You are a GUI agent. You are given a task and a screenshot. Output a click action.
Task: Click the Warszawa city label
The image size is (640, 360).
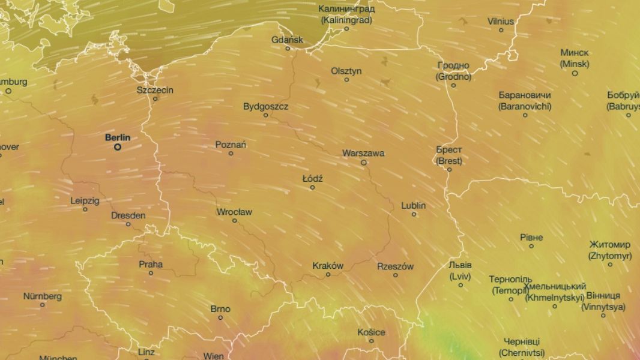pos(363,153)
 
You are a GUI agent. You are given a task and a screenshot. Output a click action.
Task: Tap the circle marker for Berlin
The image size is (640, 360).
pos(118,146)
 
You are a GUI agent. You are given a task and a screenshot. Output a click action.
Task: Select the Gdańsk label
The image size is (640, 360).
pos(288,40)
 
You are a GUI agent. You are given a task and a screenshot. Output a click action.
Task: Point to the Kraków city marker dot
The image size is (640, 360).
pos(328,275)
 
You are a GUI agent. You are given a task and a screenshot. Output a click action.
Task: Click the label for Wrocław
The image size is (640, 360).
pos(234,212)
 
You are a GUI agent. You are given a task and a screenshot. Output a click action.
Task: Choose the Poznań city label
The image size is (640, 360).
pos(231,145)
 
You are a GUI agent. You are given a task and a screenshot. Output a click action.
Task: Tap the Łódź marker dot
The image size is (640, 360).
pos(312,187)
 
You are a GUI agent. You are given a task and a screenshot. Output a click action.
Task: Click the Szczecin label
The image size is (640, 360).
pos(155,90)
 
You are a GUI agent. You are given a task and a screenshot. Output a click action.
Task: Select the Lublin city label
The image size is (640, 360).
pos(414,206)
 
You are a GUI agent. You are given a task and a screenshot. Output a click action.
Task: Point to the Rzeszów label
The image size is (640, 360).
pos(395,266)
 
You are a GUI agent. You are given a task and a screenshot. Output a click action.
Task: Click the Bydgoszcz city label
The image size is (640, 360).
pos(265,107)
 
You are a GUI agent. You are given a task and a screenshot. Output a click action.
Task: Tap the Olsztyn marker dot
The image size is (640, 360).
pos(346,80)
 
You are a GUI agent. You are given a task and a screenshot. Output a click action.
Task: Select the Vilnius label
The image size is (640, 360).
pos(501,22)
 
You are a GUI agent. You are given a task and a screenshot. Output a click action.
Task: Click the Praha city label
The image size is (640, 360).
pos(151,264)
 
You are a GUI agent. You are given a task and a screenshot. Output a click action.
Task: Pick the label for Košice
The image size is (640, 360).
pos(371,332)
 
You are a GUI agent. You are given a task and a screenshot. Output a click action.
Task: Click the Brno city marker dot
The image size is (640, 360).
pos(220,317)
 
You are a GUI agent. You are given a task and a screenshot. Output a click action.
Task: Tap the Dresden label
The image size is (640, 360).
pos(128,215)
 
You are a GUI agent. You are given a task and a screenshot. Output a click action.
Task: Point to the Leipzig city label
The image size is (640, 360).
pos(85,200)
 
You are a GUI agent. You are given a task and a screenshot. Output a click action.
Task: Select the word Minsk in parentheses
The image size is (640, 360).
pos(575,64)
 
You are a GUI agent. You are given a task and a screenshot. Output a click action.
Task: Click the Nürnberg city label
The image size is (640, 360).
pos(42,296)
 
